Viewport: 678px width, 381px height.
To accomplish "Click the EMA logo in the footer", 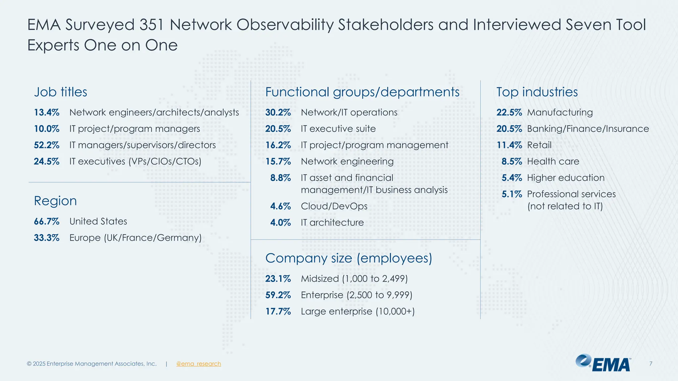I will click(x=603, y=363).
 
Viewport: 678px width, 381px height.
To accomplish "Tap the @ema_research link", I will click(x=198, y=364).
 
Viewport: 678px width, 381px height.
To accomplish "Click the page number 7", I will click(x=651, y=364).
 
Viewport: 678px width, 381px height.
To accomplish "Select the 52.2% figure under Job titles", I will click(x=47, y=145).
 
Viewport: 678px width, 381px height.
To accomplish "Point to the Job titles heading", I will click(x=61, y=92).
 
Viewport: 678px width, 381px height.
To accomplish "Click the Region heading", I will click(x=55, y=201).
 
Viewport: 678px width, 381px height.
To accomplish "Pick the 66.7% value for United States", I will click(x=47, y=221).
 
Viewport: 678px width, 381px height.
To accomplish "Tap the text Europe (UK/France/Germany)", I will click(x=135, y=238).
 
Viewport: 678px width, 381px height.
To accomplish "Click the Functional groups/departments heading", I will click(x=362, y=92).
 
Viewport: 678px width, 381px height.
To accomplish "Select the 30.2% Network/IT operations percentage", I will click(x=278, y=112).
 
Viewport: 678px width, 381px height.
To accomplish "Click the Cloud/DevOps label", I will click(x=334, y=206).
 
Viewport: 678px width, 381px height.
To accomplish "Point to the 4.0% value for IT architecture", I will click(x=280, y=223).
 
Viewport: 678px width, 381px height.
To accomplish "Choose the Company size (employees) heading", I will click(x=349, y=258).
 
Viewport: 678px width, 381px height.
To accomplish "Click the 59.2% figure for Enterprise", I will click(x=278, y=295).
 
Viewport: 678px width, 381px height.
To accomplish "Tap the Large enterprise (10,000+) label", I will click(x=358, y=312).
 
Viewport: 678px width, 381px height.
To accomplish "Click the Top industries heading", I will click(x=537, y=92).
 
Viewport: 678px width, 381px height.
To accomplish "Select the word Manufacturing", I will click(x=560, y=112).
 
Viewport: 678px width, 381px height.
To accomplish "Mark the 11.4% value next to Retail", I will click(x=509, y=145).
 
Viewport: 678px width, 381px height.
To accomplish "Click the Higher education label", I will click(x=566, y=178).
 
